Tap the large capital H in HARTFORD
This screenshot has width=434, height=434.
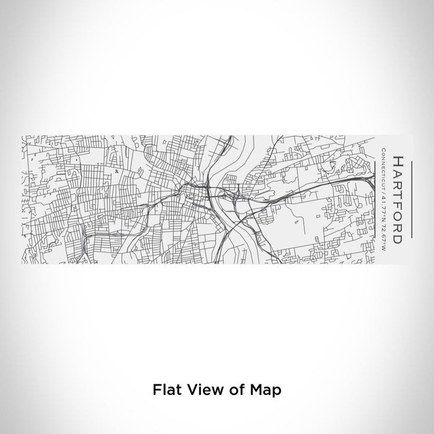[397, 161]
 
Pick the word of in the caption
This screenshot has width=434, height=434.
[229, 391]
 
